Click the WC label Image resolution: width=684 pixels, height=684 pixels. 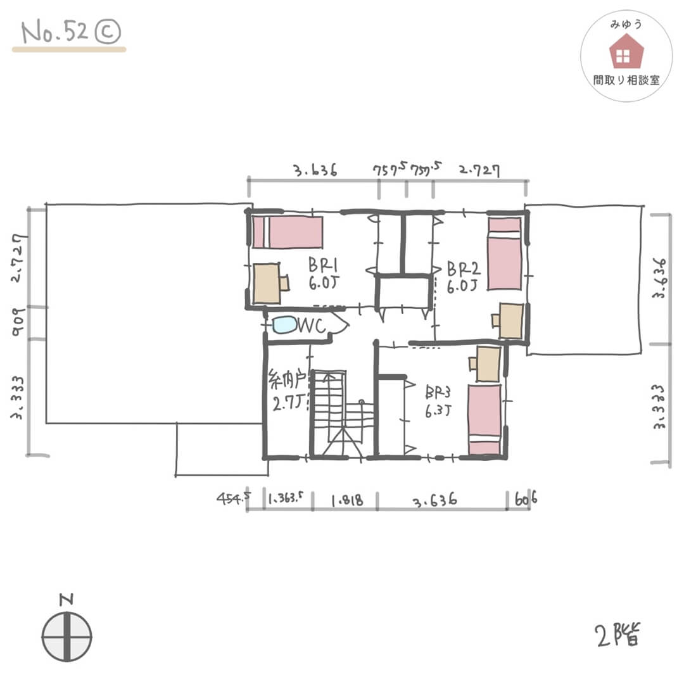point(312,326)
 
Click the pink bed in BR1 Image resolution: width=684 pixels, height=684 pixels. point(288,232)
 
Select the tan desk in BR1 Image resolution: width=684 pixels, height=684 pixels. point(267,283)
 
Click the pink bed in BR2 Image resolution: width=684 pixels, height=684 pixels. point(504,253)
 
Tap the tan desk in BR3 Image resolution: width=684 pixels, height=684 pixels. point(488,364)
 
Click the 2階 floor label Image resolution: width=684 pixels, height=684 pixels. point(616,635)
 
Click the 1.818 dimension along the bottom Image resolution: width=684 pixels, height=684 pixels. point(347,500)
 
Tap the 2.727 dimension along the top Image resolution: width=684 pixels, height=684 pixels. point(479,170)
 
